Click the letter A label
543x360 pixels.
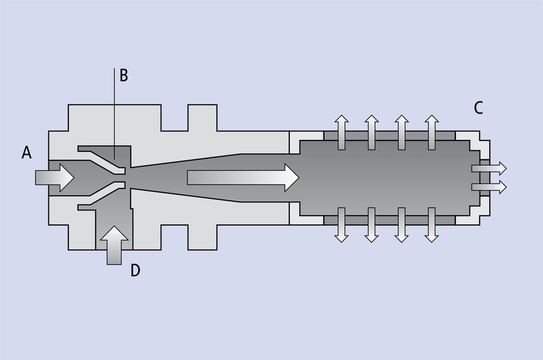click(x=26, y=153)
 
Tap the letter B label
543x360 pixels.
click(x=123, y=75)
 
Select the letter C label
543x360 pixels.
click(x=478, y=108)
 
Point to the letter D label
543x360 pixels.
click(x=135, y=270)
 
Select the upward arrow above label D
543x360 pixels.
click(x=115, y=245)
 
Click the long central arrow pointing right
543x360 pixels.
click(x=242, y=177)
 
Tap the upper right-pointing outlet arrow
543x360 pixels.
click(x=489, y=168)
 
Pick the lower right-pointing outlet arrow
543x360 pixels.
click(x=489, y=187)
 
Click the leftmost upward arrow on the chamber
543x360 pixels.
click(x=341, y=132)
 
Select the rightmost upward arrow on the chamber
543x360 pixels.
click(x=431, y=132)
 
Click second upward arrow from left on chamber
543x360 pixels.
click(x=371, y=132)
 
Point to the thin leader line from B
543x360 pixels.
click(x=114, y=108)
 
